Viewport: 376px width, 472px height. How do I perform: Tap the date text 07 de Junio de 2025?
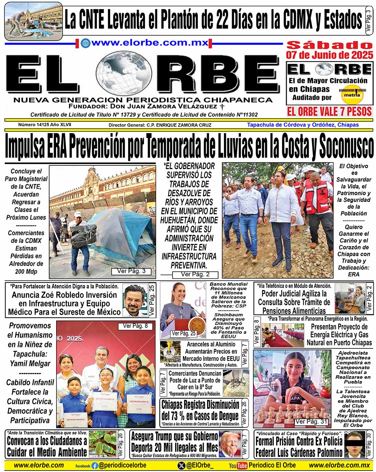tap(329, 55)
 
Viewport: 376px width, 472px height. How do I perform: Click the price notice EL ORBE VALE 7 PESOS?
tap(329, 111)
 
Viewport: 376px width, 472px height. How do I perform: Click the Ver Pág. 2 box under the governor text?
tap(195, 274)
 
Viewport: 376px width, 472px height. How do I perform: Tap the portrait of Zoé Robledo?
tap(135, 300)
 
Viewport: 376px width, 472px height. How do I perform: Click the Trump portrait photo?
tap(229, 444)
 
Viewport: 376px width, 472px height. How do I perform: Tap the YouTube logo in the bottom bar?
tap(238, 466)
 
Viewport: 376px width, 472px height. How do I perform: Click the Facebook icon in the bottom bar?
tap(95, 466)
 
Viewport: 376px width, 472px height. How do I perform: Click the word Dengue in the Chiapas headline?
tap(224, 416)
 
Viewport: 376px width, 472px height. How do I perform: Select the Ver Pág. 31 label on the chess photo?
tap(311, 421)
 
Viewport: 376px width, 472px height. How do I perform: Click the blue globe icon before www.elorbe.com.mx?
tap(86, 43)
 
